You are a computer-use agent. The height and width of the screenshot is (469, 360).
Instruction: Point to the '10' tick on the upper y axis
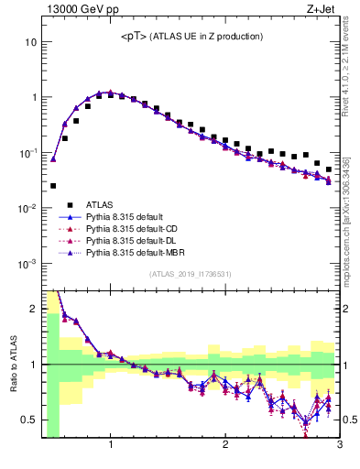coord(31,42)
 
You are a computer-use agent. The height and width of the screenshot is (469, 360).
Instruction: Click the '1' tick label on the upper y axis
coord(34,97)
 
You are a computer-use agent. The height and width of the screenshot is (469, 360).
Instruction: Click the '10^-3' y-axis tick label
coord(27,264)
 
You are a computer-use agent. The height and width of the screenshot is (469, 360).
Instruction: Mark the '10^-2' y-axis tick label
coord(27,208)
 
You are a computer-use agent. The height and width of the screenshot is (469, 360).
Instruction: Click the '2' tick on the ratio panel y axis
coord(34,310)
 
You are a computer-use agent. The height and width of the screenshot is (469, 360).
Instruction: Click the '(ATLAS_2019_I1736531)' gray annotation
coord(191,274)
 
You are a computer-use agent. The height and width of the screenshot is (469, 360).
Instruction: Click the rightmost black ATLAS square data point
coord(329,169)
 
